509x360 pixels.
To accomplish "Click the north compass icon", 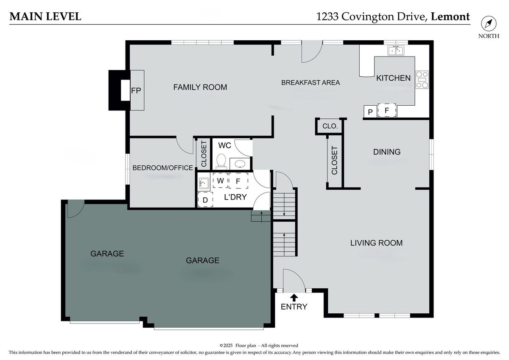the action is (489, 24).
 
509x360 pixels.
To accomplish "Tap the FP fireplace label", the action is (136, 91).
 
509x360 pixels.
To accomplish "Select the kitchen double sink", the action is (396, 51).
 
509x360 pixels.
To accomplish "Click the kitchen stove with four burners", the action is (422, 79).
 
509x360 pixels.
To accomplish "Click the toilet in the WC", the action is (221, 161).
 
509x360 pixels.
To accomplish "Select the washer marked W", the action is (221, 180).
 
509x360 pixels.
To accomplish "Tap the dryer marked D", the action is (205, 200).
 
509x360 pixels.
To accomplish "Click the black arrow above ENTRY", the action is (294, 298).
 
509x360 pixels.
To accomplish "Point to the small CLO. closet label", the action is (330, 126).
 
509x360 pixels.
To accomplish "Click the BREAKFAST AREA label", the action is (310, 82).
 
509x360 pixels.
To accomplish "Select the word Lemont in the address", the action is (450, 17).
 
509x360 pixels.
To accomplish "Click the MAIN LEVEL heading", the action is (45, 17).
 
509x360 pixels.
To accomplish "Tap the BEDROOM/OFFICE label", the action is (163, 168).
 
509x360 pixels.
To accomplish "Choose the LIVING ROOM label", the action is (376, 243).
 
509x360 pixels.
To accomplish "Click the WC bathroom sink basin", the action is (240, 164).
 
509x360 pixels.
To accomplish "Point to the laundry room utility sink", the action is (204, 183).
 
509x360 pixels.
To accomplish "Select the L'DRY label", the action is (235, 197).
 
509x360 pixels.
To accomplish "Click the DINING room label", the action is (387, 152).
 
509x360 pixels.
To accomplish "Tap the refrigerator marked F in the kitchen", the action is (387, 110).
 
